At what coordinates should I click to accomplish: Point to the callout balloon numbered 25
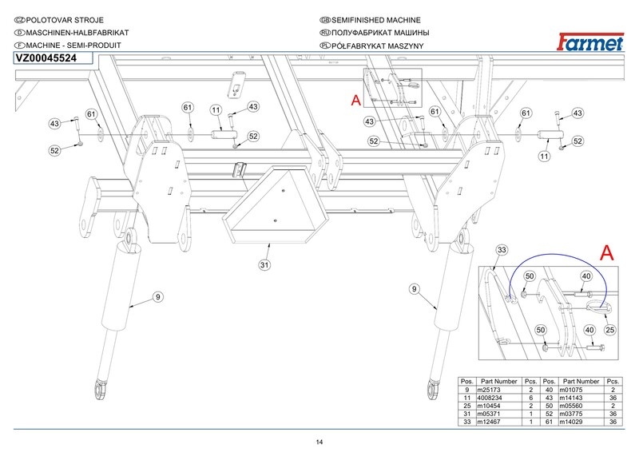(609, 329)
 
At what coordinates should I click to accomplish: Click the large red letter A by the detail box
(606, 253)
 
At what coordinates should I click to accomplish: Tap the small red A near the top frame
(355, 101)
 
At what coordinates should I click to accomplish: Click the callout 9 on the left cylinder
(158, 297)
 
